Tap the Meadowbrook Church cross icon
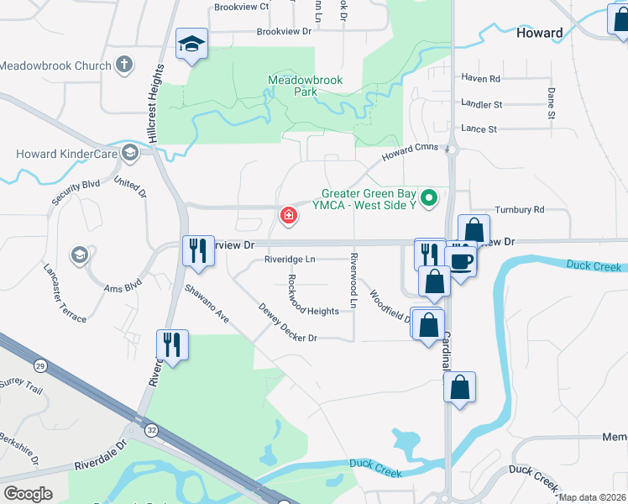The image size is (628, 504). [124, 65]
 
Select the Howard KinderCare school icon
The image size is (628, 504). [129, 153]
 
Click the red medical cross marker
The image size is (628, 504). [289, 216]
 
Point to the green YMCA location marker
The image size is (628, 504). [430, 199]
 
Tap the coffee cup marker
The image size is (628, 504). [461, 260]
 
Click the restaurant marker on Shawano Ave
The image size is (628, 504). [198, 251]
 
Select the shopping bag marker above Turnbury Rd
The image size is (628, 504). [474, 229]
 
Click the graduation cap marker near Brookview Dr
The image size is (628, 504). [191, 44]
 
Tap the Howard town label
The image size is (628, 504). [540, 33]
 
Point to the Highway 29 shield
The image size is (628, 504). [39, 365]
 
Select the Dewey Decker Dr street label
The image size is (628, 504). [287, 323]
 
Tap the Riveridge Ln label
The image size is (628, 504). [290, 260]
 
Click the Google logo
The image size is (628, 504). [28, 493]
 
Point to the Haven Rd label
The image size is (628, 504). [481, 78]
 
